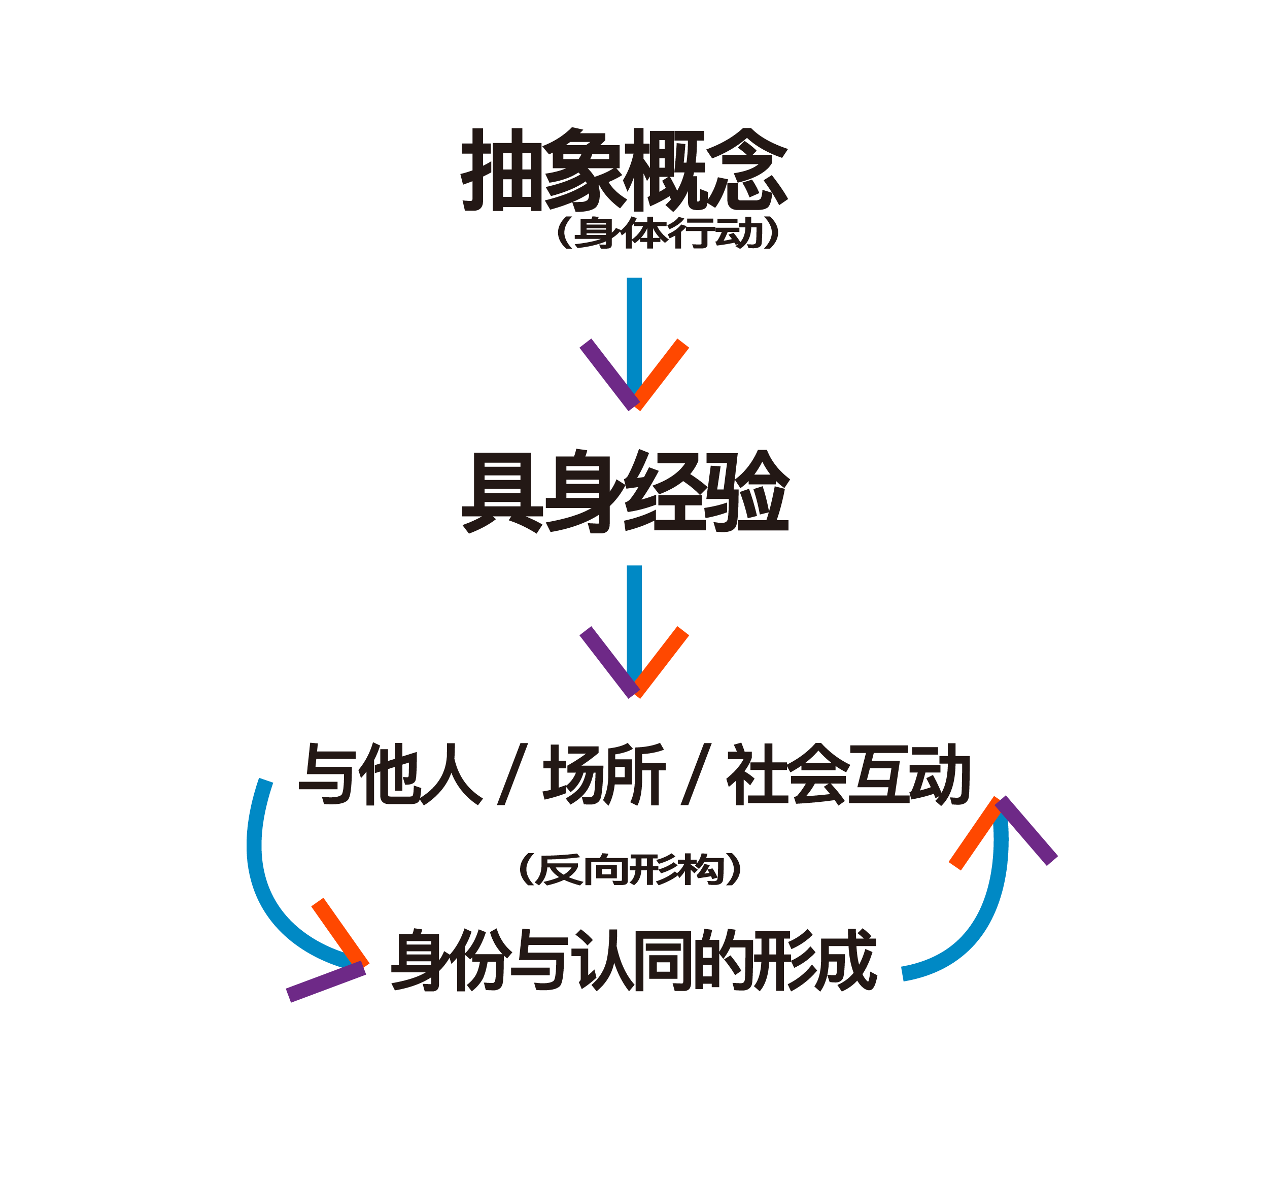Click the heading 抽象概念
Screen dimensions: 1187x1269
(x=624, y=169)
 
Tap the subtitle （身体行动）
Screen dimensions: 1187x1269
(x=668, y=232)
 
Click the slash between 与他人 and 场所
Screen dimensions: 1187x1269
(x=512, y=773)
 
